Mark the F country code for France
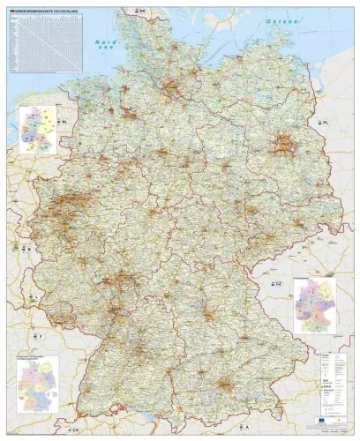click(39, 337)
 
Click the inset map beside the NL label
click(36, 130)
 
